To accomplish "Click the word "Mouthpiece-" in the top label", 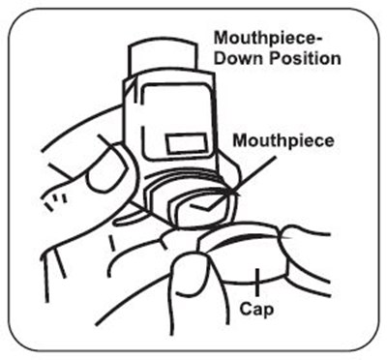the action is [269, 39].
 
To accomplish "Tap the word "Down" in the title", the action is [239, 59].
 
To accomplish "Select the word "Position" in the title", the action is [305, 59].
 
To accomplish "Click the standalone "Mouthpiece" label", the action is [283, 141].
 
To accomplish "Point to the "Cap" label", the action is [256, 310].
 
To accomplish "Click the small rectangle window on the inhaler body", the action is [187, 143].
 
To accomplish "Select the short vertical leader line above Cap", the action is [257, 282].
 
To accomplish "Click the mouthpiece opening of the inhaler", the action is [203, 210].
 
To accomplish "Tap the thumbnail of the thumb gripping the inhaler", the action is [104, 172].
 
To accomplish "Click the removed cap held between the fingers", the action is [245, 255].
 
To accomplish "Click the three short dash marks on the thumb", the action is [56, 201].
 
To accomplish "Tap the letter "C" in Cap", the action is [246, 309].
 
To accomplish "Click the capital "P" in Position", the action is [275, 59].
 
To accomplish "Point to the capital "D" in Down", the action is [221, 59].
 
